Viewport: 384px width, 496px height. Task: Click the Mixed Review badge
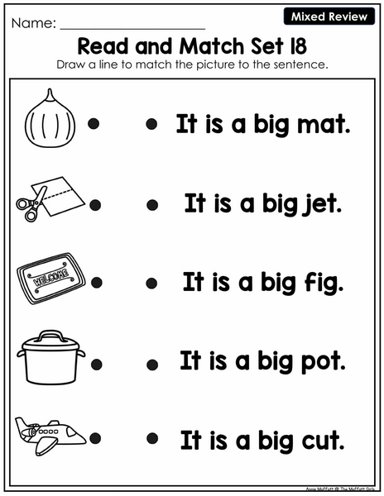tap(329, 17)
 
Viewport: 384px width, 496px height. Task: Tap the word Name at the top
tap(31, 23)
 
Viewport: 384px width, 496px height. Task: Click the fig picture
tap(50, 118)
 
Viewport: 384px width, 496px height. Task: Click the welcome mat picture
tap(51, 278)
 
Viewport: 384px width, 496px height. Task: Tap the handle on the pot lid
tap(50, 336)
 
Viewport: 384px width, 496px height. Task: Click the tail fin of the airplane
tap(22, 425)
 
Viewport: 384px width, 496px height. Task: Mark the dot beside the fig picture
tap(94, 123)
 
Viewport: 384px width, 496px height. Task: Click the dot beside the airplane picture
tap(95, 438)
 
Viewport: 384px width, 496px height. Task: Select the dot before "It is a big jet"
tap(152, 205)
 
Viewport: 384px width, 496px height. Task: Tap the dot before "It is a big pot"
tap(152, 365)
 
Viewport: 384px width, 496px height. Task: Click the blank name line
tap(132, 29)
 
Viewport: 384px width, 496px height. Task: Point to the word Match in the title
tap(213, 46)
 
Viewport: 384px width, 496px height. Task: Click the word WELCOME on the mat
tap(51, 278)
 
